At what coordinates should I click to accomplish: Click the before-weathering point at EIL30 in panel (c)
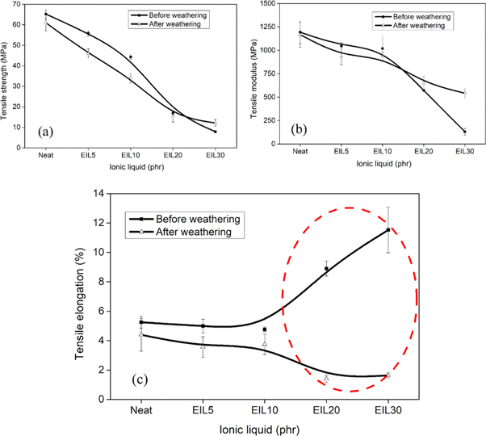point(388,230)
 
